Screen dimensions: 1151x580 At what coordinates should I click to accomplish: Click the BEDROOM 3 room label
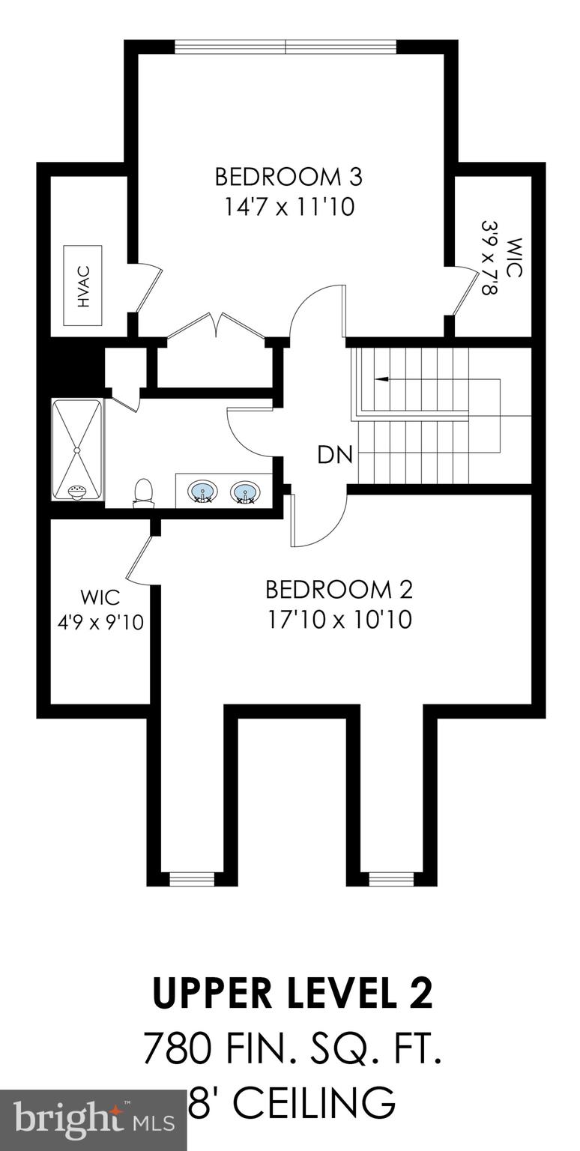pos(289,177)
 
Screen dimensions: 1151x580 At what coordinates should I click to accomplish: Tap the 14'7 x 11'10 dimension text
pos(289,207)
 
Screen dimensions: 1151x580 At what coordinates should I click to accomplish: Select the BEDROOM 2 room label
pos(339,590)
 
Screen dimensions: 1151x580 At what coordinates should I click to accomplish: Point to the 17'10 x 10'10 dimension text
pos(339,620)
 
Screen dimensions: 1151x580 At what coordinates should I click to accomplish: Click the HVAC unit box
pos(82,286)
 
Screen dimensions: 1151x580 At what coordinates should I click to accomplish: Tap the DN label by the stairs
pos(334,455)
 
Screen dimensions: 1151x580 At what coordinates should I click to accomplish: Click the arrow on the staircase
pos(381,379)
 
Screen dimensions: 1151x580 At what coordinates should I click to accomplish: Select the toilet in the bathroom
pos(143,493)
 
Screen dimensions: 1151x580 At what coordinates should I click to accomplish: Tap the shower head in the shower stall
pos(76,491)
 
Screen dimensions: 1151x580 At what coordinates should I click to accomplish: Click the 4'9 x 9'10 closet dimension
pos(100,622)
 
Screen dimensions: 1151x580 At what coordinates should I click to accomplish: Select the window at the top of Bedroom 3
pos(286,47)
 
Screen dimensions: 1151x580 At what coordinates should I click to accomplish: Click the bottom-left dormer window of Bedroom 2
pos(187,878)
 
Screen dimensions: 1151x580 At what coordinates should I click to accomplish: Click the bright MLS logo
pos(94,1120)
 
